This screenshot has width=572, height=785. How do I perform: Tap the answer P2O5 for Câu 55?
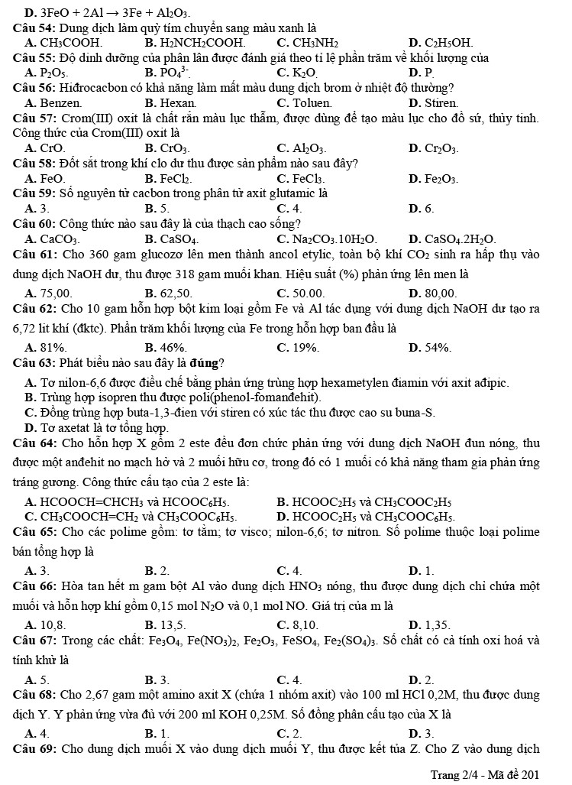(x=53, y=73)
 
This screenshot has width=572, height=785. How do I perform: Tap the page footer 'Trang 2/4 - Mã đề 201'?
(x=484, y=774)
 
